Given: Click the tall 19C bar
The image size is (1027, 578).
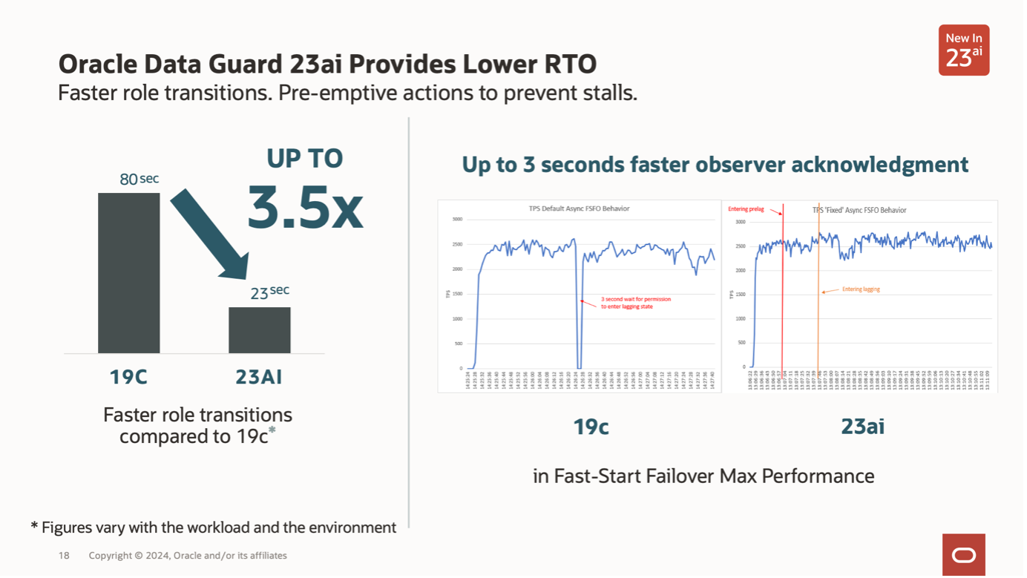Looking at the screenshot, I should [x=128, y=273].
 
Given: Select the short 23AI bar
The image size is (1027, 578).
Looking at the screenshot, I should [x=259, y=330].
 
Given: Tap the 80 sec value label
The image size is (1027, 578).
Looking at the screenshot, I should [x=139, y=179].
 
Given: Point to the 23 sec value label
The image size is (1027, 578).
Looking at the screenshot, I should [x=269, y=292].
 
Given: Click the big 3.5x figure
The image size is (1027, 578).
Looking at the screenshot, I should [x=305, y=206].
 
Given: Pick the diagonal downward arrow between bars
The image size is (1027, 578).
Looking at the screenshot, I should [x=210, y=234].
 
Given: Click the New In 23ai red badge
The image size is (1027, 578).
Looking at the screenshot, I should [x=963, y=50].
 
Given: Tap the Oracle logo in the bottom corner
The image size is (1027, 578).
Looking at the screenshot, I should [x=963, y=555].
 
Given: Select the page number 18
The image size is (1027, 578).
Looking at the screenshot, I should [x=64, y=556].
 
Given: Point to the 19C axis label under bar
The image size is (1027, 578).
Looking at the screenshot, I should [x=128, y=377].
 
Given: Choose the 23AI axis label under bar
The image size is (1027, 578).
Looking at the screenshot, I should [x=259, y=377].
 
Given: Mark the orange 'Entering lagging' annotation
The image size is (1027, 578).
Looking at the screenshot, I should [x=861, y=289].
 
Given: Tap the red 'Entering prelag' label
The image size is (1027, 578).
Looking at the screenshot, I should [x=746, y=209].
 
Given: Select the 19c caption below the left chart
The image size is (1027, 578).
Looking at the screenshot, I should [x=591, y=427].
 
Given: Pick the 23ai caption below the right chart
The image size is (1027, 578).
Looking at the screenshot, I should [x=862, y=427].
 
